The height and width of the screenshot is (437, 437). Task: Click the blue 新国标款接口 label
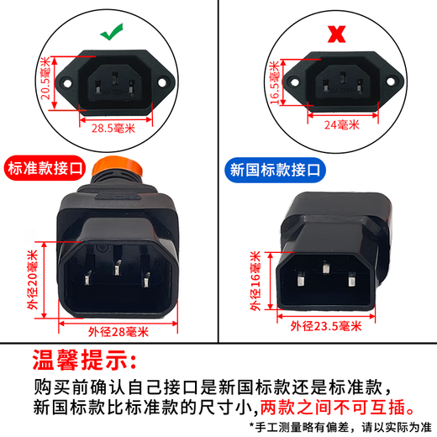[x=276, y=168]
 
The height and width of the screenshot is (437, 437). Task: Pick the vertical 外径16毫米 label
[x=255, y=282]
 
